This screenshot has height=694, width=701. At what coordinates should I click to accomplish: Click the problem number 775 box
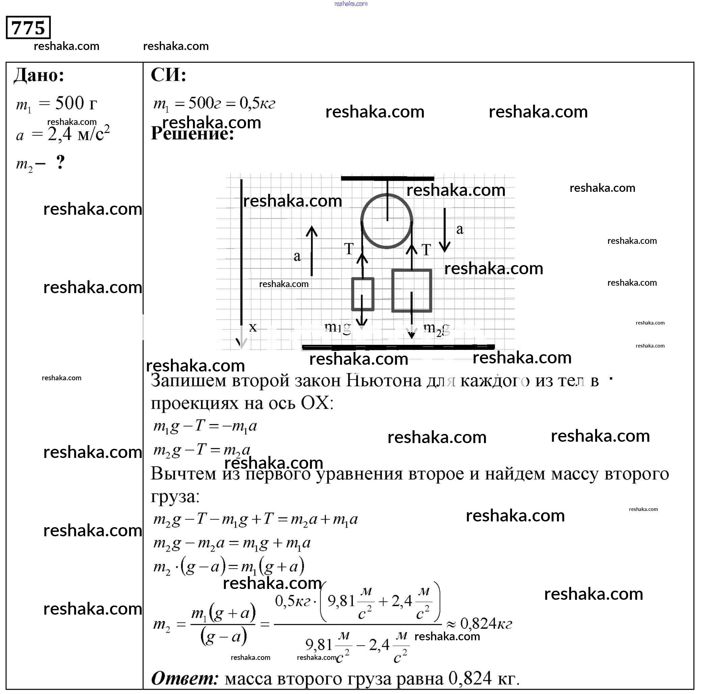(28, 28)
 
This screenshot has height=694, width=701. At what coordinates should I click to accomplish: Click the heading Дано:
(39, 76)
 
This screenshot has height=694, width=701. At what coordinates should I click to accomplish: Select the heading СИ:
(168, 75)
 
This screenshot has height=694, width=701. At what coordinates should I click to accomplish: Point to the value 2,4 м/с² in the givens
(78, 134)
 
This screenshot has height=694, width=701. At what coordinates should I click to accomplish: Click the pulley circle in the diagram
(387, 221)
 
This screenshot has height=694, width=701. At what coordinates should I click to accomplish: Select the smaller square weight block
(362, 294)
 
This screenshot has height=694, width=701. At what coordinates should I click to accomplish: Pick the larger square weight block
(411, 290)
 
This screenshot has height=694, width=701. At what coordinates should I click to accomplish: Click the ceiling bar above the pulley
(387, 178)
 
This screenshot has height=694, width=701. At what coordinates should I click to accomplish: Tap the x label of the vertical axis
(253, 327)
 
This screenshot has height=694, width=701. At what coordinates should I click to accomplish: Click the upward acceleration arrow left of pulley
(311, 251)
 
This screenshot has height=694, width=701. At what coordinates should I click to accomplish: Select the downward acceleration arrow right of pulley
(444, 230)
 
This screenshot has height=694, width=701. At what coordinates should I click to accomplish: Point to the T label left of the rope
(349, 249)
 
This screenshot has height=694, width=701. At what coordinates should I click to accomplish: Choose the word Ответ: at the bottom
(185, 678)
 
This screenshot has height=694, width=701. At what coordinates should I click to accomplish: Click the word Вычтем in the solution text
(183, 474)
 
